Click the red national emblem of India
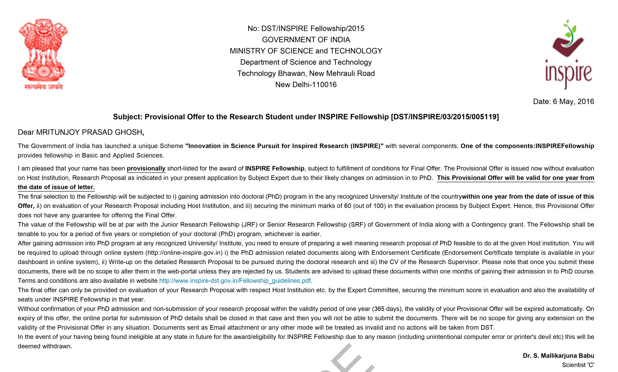[43, 54]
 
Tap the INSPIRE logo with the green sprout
[568, 54]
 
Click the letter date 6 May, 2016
[563, 101]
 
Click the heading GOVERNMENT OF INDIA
[306, 40]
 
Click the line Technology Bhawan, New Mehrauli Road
[306, 74]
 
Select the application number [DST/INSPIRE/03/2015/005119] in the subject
[445, 117]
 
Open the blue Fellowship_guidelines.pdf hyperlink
[235, 281]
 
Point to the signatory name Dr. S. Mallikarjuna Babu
[558, 356]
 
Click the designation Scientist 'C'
[578, 365]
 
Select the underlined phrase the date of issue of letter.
[56, 187]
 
